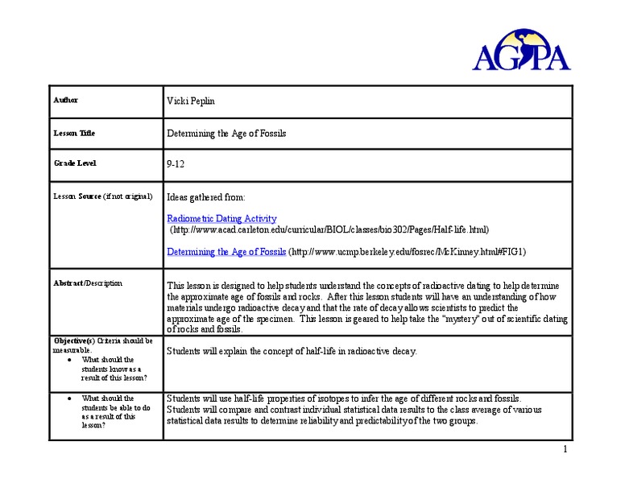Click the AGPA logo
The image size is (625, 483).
pos(522,51)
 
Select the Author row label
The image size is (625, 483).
pos(66,100)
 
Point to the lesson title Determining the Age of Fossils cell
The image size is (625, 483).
pos(226,133)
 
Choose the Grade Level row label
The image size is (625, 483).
pos(75,163)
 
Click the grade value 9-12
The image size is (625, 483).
pos(176,164)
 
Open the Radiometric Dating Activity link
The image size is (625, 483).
pos(221,218)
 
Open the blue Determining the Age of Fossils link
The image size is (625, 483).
pos(226,251)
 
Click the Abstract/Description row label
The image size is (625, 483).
pos(88,283)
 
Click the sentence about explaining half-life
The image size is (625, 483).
pos(292,352)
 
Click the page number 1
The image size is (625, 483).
pos(566,448)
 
